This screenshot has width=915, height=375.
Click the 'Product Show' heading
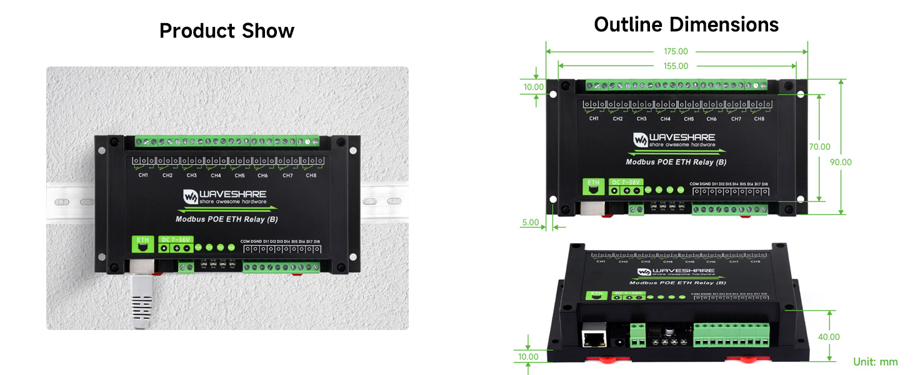click(x=226, y=31)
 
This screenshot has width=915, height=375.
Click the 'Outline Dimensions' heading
click(x=686, y=24)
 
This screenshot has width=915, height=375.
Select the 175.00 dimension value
click(x=676, y=52)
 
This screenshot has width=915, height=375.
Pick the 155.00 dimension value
click(x=676, y=66)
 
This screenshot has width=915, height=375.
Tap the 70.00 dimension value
click(x=819, y=147)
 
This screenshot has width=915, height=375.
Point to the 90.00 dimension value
click(x=841, y=162)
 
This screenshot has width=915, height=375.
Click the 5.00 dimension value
click(x=530, y=221)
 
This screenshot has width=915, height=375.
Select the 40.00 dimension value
click(x=829, y=337)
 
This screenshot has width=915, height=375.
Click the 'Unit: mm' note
click(x=875, y=362)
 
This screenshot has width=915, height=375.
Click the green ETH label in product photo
click(x=143, y=240)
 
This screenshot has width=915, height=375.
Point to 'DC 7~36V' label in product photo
click(x=176, y=239)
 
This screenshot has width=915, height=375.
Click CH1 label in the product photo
click(x=143, y=176)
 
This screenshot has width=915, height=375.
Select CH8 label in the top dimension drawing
click(x=759, y=119)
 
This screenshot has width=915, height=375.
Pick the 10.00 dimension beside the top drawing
click(x=534, y=87)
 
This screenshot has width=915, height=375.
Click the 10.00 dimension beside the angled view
click(x=528, y=357)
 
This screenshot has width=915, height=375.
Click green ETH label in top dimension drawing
click(x=593, y=183)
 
